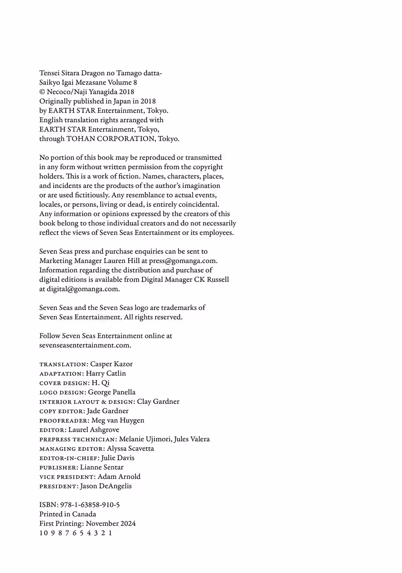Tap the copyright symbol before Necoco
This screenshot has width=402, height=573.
pos(42,92)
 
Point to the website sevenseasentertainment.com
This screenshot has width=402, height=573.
pos(85,345)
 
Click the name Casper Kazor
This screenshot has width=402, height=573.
pos(111,364)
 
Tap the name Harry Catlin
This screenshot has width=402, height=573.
pos(106,373)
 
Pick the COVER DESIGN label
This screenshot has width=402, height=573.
pos(64,383)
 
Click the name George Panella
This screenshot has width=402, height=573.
pos(112,392)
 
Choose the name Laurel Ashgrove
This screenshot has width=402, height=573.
pos(93,430)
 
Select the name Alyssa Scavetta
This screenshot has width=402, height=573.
pos(130,449)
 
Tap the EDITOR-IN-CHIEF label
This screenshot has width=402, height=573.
pos(69,458)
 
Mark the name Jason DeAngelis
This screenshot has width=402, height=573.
pos(106,486)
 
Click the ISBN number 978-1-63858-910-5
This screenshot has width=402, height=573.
pos(90,505)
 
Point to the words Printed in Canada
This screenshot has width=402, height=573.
pos(68,514)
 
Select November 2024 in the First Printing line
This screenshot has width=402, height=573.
pos(111,523)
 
